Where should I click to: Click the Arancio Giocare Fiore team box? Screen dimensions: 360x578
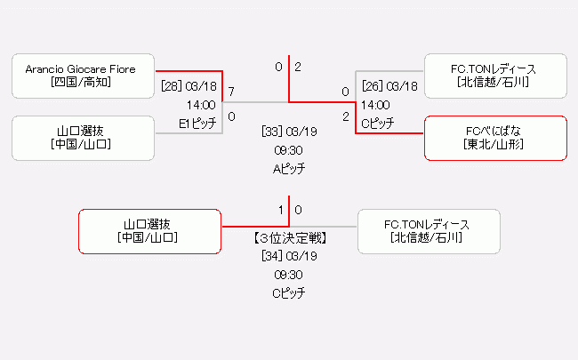[84, 76]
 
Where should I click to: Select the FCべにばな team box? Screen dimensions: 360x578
[495, 138]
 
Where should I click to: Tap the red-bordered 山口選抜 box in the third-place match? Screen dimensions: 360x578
[149, 231]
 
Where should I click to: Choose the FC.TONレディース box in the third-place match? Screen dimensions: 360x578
[428, 231]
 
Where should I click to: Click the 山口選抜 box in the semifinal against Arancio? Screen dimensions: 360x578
[84, 138]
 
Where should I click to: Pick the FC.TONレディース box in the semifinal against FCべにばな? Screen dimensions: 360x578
[495, 76]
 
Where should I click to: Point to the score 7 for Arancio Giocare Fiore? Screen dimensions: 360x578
[231, 92]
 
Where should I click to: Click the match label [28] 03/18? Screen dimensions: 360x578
[189, 86]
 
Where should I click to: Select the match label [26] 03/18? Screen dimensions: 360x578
[389, 86]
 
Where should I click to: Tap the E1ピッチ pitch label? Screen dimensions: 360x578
[197, 124]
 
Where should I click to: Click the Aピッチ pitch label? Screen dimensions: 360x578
[289, 168]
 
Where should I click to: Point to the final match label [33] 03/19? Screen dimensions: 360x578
[289, 131]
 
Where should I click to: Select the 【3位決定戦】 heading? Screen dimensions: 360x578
[289, 238]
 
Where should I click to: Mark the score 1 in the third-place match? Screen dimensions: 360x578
[281, 210]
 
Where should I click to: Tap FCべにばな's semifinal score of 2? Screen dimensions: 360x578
[346, 116]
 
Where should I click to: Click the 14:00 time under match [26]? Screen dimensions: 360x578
[375, 105]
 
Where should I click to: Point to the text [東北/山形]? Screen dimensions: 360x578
[495, 144]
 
